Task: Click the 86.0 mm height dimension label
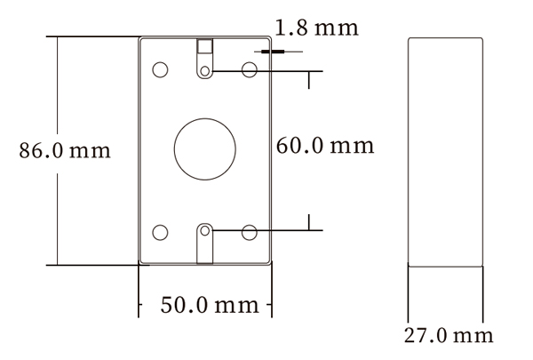coord(65,150)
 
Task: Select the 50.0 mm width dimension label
coord(210,305)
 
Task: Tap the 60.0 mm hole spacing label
coord(325,145)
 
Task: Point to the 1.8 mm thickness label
coord(316,28)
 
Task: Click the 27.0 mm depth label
coord(449,335)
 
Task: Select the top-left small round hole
coord(161,69)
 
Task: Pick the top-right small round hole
coord(250,69)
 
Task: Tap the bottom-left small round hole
coord(161,233)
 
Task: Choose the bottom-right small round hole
coord(250,233)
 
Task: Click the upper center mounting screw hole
coord(205,71)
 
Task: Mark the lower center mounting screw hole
coord(205,233)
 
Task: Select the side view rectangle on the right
coord(444,151)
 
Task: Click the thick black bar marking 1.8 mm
coord(272,52)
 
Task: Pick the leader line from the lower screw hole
coord(266,233)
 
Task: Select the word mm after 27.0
coord(473,335)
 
